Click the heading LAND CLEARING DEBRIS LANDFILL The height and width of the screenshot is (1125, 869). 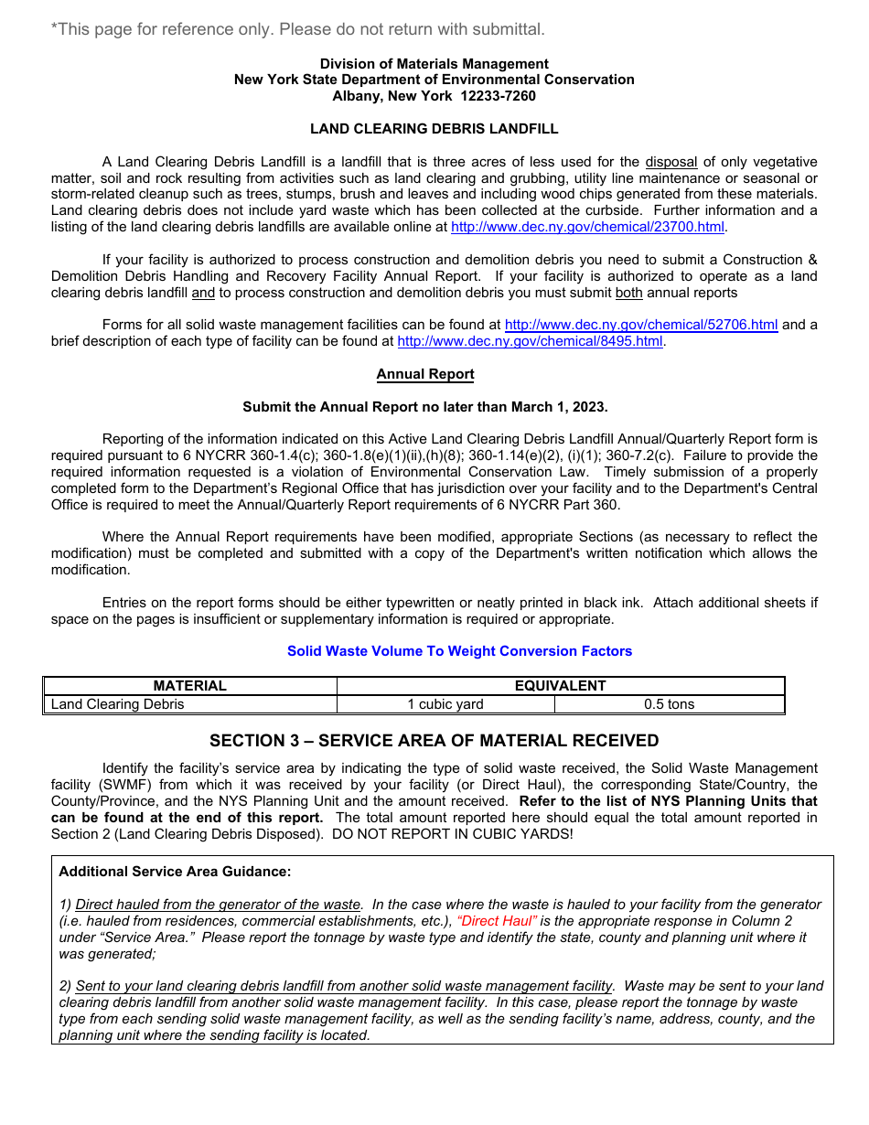point(434,129)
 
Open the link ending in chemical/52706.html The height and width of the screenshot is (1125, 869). point(640,325)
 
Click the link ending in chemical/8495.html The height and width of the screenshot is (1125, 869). point(530,341)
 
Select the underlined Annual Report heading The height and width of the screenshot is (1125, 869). point(425,374)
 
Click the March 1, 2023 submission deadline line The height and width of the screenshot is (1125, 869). point(425,407)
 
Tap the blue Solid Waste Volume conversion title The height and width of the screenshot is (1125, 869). point(459,651)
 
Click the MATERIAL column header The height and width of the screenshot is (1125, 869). point(190,686)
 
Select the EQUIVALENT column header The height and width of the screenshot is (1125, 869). point(560,686)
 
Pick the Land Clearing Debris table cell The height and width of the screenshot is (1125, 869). point(118,704)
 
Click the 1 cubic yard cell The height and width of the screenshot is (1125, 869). point(445,704)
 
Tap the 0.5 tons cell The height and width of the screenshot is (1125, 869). point(669,704)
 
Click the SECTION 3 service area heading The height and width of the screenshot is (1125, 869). point(434,740)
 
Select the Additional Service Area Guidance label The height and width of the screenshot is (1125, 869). point(175,872)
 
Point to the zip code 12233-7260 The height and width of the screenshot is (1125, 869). point(498,96)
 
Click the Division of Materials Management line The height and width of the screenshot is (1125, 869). point(434,63)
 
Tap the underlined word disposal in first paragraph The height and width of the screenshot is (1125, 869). point(671,162)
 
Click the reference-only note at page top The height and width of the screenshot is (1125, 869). point(298,29)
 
